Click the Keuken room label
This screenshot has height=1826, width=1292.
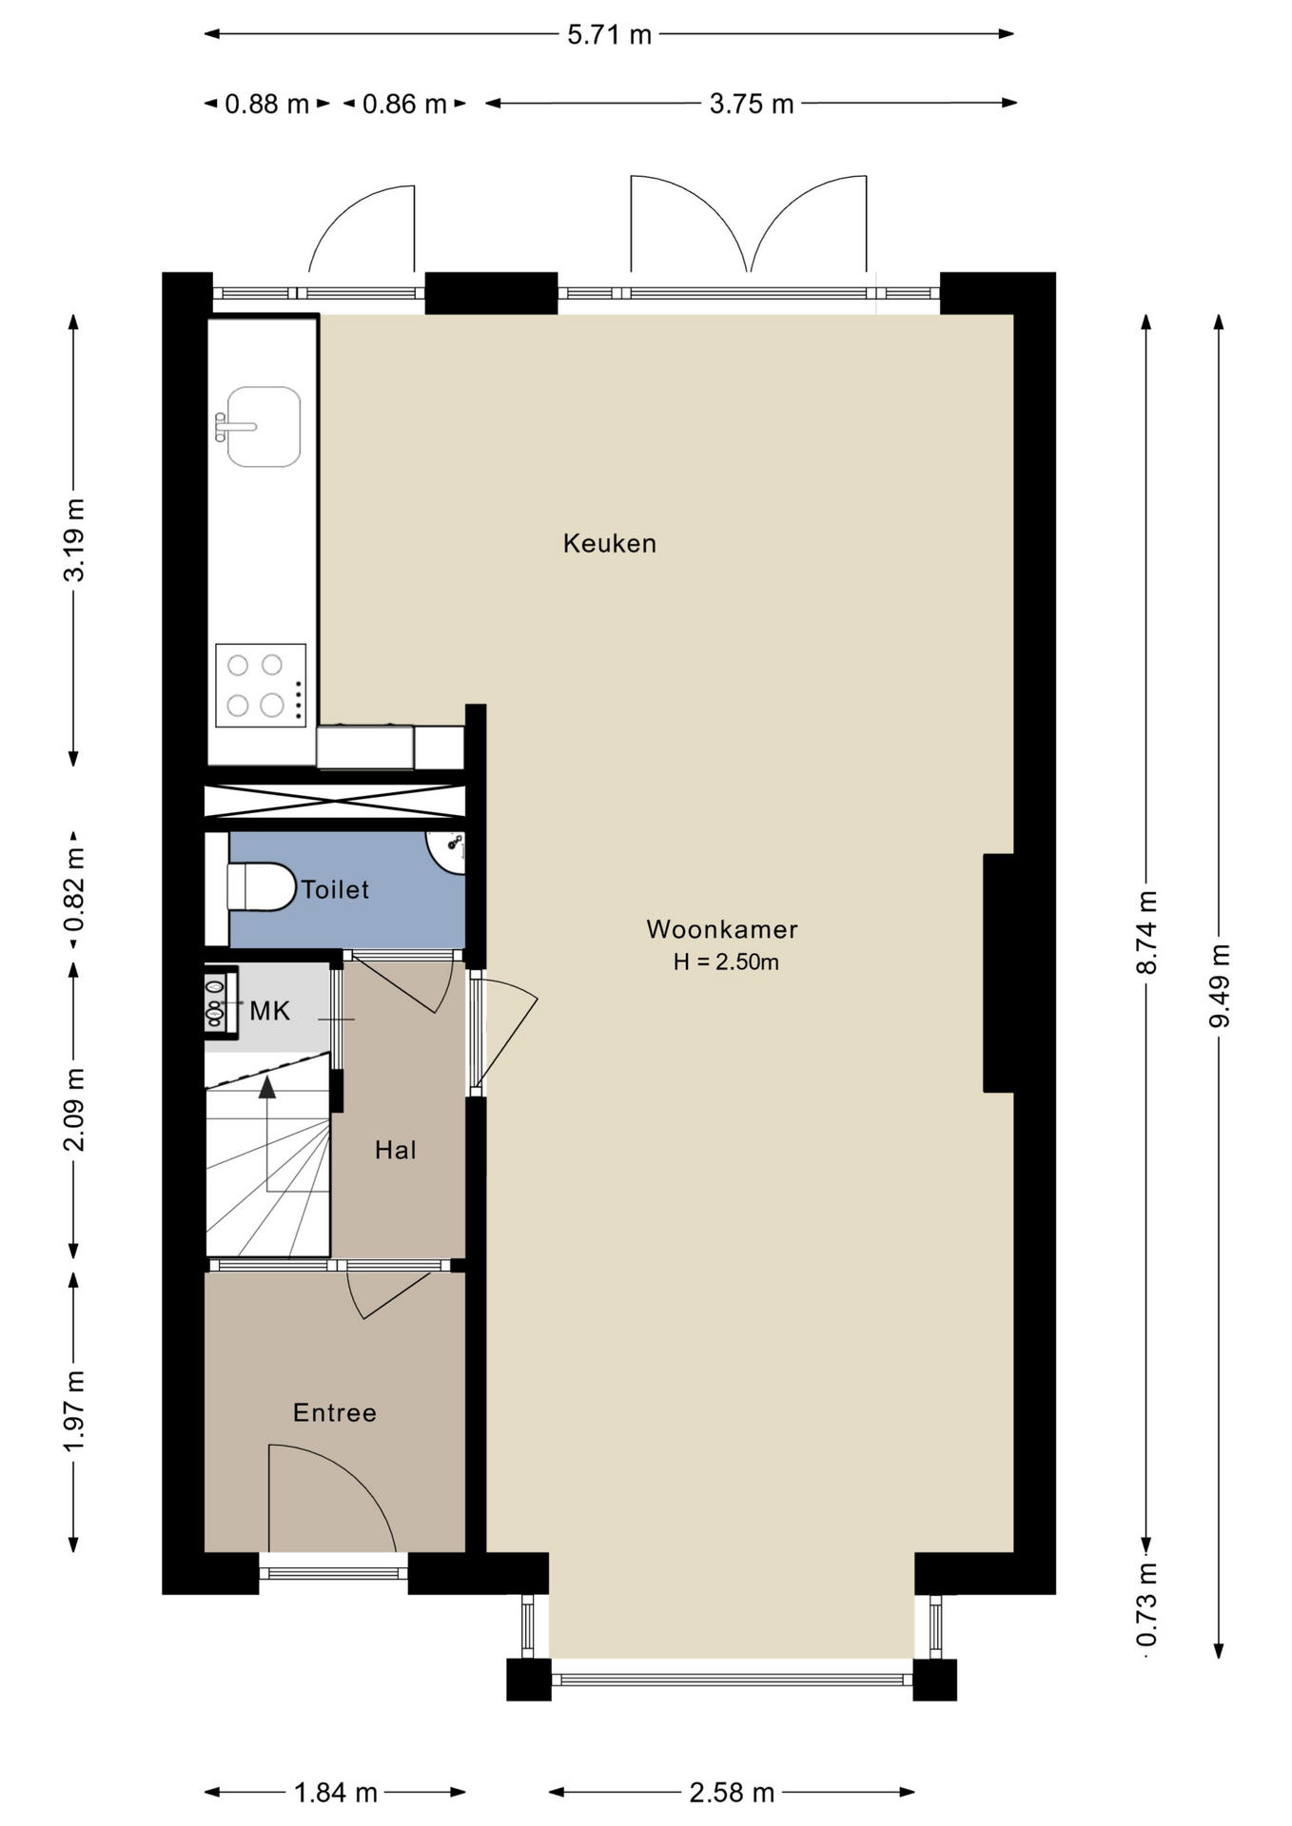609,543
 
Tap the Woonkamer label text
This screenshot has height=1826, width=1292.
722,929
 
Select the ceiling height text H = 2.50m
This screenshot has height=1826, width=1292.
726,962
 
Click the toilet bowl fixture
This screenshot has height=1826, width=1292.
262,886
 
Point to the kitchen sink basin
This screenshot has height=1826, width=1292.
263,427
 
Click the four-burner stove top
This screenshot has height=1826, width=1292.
261,685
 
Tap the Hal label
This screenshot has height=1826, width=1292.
395,1150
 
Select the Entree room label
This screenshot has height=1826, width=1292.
334,1412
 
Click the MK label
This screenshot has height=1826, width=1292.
269,1011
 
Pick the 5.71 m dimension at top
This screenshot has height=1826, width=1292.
609,35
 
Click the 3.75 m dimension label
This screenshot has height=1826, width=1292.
752,104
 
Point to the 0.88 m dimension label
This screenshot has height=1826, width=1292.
266,104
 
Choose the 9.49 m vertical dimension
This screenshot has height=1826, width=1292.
1220,985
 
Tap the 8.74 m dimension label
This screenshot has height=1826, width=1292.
1147,932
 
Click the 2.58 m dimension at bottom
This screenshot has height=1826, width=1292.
732,1793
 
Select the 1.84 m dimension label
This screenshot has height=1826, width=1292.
336,1793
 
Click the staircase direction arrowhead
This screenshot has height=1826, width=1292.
267,1087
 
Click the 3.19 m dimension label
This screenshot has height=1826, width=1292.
74,539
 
